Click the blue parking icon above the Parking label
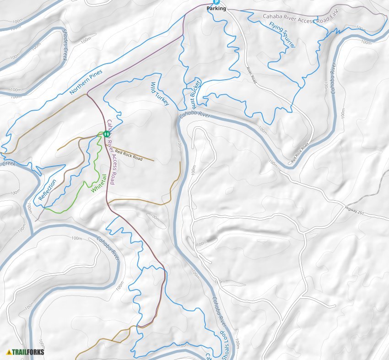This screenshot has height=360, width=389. [x=216, y=2]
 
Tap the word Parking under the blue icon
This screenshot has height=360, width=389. [x=216, y=8]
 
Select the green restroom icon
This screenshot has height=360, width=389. [x=106, y=134]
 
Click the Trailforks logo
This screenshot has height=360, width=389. [x=26, y=352]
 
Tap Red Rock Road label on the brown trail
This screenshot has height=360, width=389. [x=129, y=156]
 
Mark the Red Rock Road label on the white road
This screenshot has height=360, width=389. [x=300, y=155]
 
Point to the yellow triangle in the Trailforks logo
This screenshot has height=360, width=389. [x=9, y=352]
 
